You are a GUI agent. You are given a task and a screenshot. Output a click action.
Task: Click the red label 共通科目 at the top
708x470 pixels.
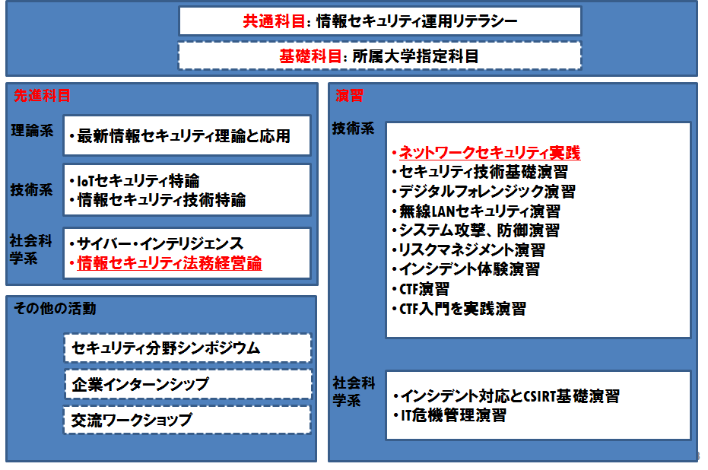274,21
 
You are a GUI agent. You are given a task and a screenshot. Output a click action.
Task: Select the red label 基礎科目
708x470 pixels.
310,56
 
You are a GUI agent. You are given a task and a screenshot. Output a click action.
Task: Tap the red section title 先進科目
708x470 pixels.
42,95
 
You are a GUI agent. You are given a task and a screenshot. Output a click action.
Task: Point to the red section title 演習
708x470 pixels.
349,95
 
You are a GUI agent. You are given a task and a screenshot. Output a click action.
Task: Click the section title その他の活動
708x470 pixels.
55,308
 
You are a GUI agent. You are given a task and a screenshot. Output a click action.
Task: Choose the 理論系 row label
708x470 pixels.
32,131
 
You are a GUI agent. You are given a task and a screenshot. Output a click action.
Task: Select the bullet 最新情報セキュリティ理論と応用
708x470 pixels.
183,136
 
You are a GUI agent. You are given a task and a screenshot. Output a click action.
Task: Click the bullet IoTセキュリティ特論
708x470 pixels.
138,181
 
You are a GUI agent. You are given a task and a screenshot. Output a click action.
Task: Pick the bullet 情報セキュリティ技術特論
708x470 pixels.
161,200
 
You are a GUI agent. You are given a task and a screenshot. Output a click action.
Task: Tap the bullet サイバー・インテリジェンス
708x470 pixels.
160,244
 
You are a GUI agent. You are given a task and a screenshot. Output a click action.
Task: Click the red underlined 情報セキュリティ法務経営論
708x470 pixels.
170,263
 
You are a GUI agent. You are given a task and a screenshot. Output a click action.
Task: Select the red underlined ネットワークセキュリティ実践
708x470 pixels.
490,153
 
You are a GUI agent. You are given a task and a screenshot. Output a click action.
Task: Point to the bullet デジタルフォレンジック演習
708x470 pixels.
487,192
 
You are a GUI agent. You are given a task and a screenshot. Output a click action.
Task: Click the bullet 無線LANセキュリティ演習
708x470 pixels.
480,211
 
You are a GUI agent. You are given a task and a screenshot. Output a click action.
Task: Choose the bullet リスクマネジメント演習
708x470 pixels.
471,249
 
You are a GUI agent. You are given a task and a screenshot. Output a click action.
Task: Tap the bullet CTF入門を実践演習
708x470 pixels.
462,309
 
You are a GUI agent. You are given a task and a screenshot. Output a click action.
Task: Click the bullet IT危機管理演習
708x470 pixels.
453,415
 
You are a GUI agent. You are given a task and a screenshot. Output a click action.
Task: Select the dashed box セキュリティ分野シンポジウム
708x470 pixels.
188,348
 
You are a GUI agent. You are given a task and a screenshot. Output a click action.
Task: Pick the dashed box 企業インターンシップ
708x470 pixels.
188,384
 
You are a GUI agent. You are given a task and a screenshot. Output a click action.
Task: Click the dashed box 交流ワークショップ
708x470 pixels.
187,420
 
